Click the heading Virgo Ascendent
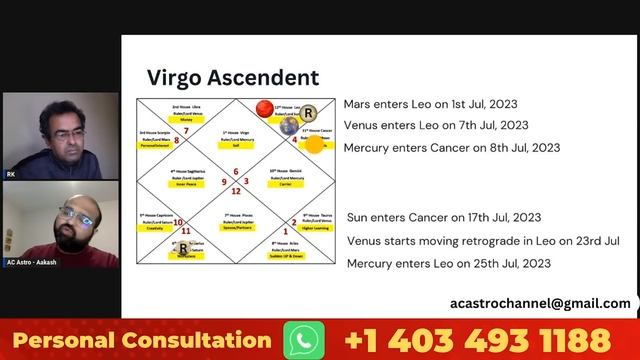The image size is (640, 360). pyautogui.click(x=233, y=78)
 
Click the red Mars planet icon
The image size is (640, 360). pyautogui.click(x=264, y=108)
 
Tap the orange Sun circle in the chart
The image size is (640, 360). pyautogui.click(x=314, y=144)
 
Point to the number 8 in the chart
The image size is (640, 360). pyautogui.click(x=176, y=141)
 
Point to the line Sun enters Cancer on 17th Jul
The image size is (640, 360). pyautogui.click(x=444, y=217)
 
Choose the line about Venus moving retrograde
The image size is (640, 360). pyautogui.click(x=483, y=241)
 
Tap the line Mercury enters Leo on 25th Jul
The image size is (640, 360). pyautogui.click(x=449, y=263)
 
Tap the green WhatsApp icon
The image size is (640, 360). pyautogui.click(x=304, y=340)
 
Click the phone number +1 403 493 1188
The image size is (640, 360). pyautogui.click(x=477, y=340)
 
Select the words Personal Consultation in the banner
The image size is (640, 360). pyautogui.click(x=142, y=340)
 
